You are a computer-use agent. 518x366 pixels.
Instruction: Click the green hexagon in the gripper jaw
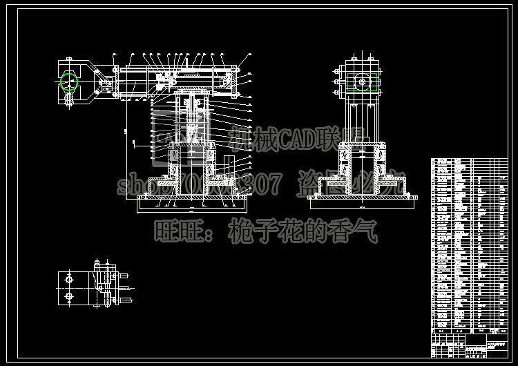coord(69,81)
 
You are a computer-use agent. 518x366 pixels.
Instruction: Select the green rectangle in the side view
coord(363,82)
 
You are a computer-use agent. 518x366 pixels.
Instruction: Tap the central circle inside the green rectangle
coord(363,82)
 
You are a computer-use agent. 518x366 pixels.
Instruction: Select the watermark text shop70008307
coord(200,184)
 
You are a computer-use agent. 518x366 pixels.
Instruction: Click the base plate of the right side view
coord(363,201)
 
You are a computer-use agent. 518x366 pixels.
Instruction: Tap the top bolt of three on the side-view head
coord(338,72)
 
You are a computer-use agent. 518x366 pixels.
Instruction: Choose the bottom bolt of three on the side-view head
coord(338,92)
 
